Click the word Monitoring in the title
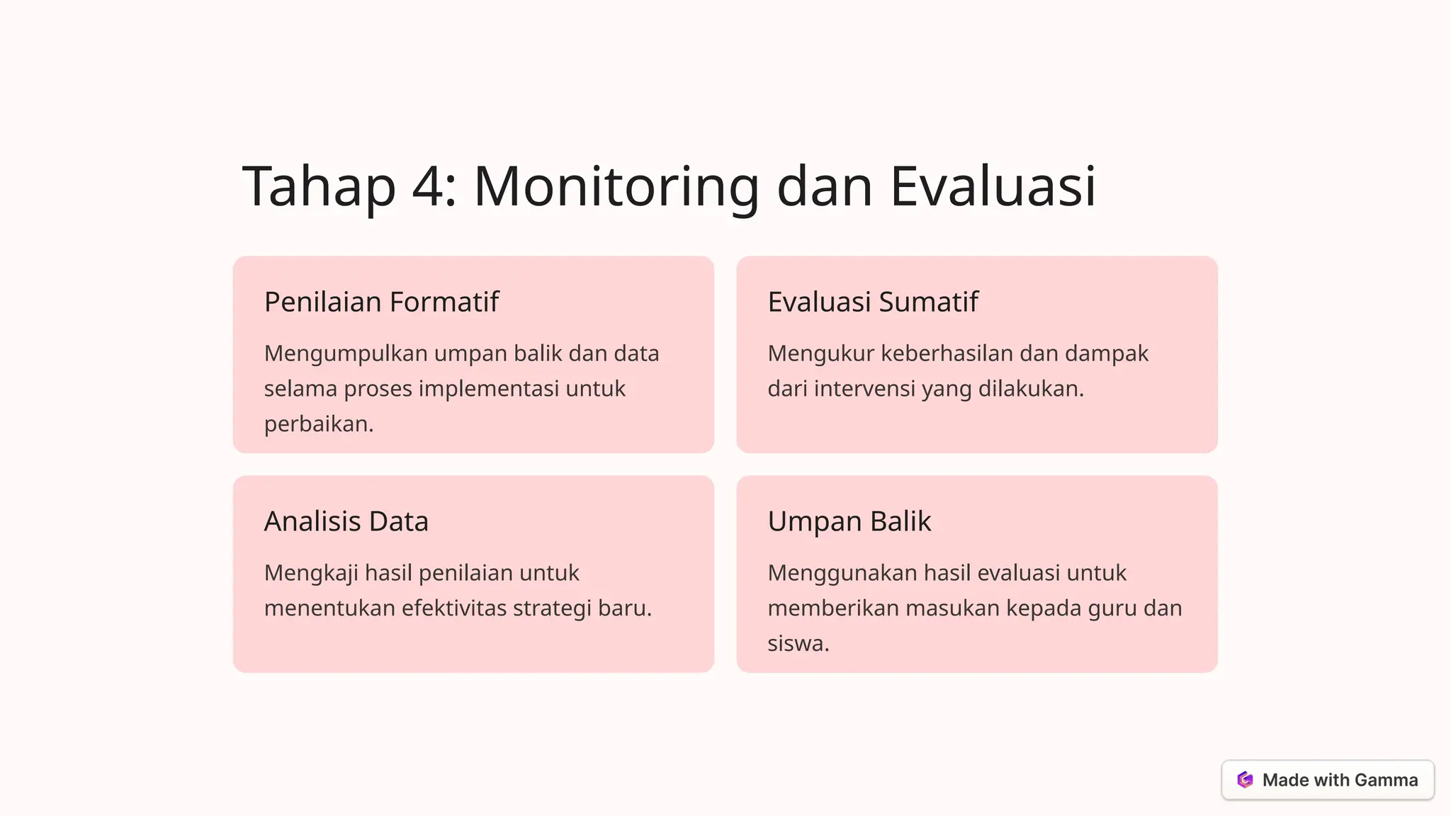616,186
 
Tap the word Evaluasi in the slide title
993,186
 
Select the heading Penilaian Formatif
381,302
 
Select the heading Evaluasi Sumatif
872,302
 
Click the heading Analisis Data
346,521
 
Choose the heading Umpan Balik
849,521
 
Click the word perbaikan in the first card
317,424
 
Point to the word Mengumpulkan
346,353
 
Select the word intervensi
850,389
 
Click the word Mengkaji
311,573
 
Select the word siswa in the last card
797,644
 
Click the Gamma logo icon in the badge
1245,780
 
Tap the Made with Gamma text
1340,780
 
